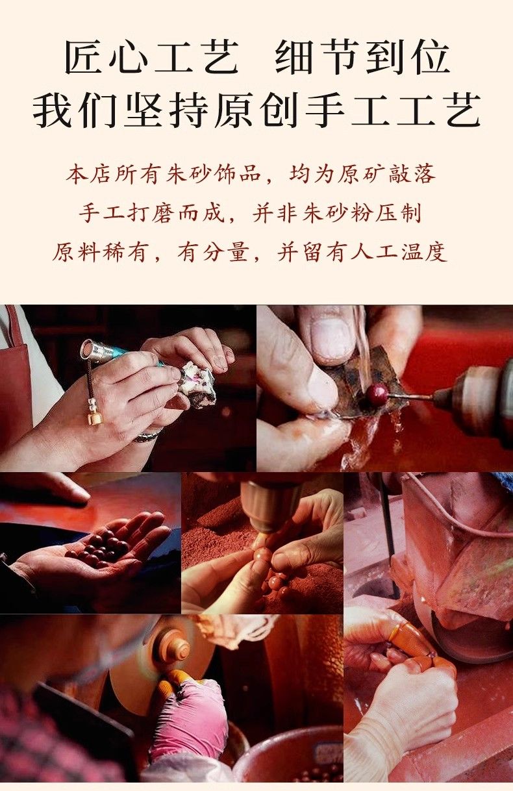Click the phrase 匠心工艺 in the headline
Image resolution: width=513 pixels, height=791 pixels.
pos(151,57)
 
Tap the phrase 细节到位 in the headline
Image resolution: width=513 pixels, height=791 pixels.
pos(362,57)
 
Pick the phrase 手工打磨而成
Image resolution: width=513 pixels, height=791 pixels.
pos(152,213)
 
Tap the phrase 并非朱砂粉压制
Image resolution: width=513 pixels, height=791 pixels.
pos(337,213)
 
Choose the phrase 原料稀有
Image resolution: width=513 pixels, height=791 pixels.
pos(99,252)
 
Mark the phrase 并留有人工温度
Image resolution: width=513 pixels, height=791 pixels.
pos(362,252)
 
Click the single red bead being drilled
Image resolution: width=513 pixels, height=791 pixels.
pos(375,393)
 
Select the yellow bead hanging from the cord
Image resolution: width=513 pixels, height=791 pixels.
pos(95,418)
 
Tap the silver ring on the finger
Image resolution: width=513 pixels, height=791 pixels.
pos(147,436)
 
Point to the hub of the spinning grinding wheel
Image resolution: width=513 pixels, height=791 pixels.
pos(175,649)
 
